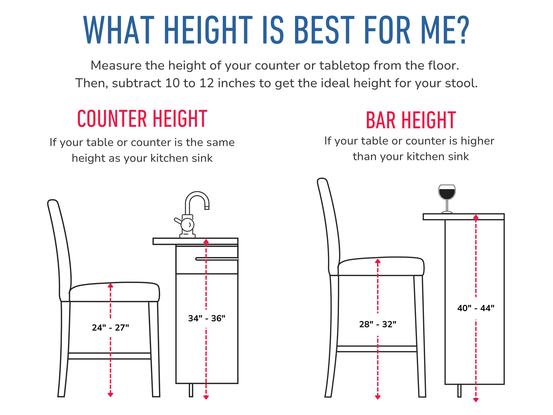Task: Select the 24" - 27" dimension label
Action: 111,328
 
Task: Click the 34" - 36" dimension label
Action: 207,318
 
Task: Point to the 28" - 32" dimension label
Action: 378,324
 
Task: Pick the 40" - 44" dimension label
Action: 476,308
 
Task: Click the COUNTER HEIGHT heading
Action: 142,119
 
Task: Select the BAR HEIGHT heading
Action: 411,121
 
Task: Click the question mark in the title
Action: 462,30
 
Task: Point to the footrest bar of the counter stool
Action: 109,356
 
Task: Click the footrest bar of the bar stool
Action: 377,349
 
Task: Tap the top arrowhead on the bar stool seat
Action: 378,261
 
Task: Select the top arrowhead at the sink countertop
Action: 206,241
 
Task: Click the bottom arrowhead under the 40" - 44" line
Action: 476,400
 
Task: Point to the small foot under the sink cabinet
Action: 191,390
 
